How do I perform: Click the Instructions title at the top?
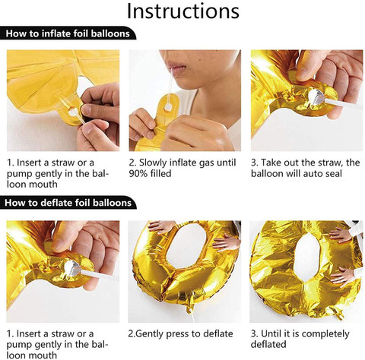coord(183,11)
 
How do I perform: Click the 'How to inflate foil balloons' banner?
coord(68,33)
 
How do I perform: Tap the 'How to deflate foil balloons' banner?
coord(68,203)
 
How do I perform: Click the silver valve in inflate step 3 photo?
coord(316,96)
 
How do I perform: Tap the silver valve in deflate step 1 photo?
coord(72,268)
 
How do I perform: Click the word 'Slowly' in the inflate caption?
coord(153,163)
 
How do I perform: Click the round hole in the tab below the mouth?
coord(168,107)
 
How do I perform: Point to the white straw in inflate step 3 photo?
coord(341,103)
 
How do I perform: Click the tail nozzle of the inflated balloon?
coord(190,305)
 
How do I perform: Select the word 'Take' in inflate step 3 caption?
coord(271,163)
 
